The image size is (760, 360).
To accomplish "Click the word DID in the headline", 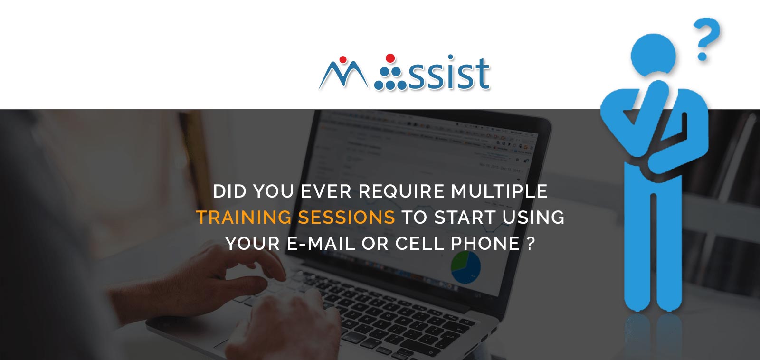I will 230,191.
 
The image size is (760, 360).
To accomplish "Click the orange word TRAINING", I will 244,218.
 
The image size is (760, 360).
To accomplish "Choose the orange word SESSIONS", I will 346,218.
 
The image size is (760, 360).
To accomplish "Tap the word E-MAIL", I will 321,244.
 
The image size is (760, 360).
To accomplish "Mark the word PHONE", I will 484,244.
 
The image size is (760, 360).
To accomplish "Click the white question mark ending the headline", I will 531,244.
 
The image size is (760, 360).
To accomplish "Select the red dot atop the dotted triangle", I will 390,58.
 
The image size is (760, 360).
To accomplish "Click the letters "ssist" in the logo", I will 449,75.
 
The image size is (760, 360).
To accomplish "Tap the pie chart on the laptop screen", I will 465,267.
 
